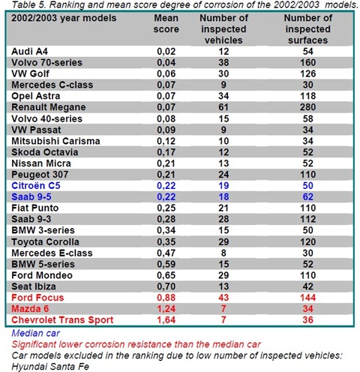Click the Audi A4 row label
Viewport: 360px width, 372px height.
pos(29,52)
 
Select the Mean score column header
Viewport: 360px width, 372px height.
pos(166,23)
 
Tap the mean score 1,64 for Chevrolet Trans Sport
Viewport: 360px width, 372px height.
pos(166,320)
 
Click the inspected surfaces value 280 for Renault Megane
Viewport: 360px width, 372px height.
pos(308,107)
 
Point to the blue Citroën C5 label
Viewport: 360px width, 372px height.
pos(36,186)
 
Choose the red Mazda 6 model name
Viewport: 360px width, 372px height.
pos(30,309)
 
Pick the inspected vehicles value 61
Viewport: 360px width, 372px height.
pos(223,107)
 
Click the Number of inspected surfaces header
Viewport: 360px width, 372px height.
pos(308,29)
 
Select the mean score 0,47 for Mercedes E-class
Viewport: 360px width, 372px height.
pos(166,253)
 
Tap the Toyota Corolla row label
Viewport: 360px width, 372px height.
pos(45,242)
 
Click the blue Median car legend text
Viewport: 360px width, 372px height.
pos(36,333)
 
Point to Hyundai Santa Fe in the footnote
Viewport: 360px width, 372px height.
pos(50,367)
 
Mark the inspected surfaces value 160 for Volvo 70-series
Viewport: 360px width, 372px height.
pos(308,62)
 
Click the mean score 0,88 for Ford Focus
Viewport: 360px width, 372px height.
pos(166,298)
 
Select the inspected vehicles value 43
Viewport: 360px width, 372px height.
pos(223,298)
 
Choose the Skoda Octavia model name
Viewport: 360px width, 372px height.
pos(45,152)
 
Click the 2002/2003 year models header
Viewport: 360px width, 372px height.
pos(64,18)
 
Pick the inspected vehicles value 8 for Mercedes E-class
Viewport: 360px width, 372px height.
pos(223,253)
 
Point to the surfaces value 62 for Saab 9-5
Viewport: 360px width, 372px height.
pos(308,197)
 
